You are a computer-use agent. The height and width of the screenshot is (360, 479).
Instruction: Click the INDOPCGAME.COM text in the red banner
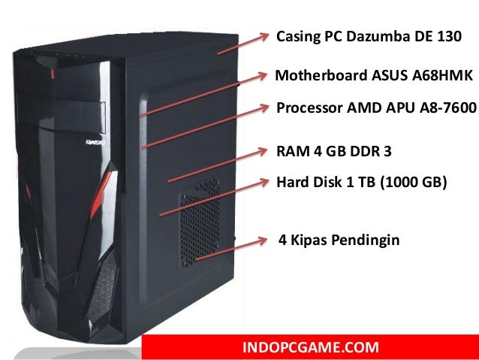point(311,347)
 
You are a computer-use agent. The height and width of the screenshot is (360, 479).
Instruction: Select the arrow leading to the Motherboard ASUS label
point(203,95)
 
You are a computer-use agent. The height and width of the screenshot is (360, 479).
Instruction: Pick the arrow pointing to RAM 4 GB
point(218,165)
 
